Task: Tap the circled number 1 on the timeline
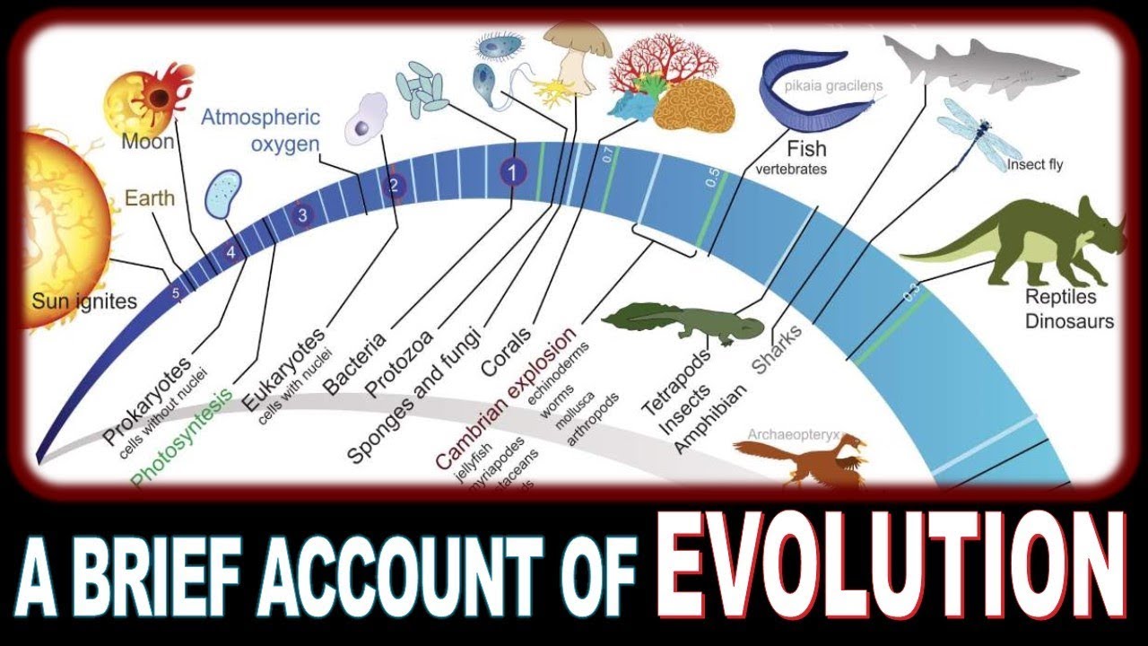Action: click(512, 172)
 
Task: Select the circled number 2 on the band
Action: click(392, 187)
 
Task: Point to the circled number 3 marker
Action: click(303, 214)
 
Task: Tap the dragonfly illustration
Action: click(972, 134)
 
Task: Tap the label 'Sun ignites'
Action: click(84, 301)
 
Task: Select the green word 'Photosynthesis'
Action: click(180, 439)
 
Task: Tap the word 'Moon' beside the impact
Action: click(149, 141)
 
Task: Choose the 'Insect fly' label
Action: click(1034, 164)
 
